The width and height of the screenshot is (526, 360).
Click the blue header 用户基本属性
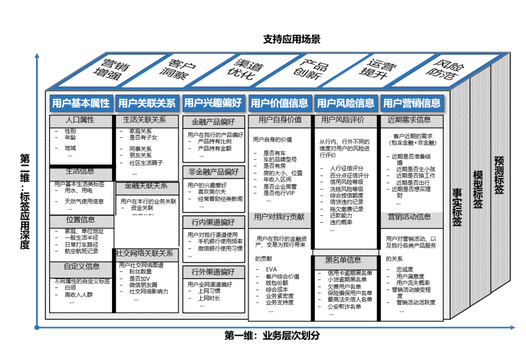coord(81,103)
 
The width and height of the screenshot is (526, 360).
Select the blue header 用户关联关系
coord(147,103)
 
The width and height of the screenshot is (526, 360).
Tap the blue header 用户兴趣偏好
coord(213,103)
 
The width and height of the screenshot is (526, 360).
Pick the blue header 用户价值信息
coord(279,103)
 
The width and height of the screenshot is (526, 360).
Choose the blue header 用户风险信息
coord(345,103)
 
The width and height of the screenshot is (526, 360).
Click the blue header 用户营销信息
coord(412,103)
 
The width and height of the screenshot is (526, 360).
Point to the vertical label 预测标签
coord(499,175)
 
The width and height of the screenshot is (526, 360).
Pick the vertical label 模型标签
coord(478,190)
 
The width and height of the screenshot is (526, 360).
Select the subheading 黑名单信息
coord(343,260)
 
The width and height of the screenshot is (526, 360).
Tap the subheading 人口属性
coord(80,120)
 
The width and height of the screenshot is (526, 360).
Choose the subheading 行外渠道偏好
coord(213,271)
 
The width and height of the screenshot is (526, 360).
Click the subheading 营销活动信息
coord(409,217)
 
